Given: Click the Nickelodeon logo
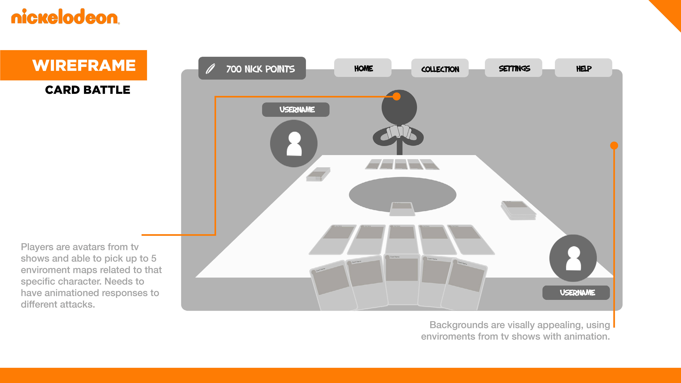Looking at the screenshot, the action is click(x=65, y=17).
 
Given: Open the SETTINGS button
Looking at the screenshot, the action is click(x=513, y=68).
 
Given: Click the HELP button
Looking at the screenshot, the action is click(x=583, y=68).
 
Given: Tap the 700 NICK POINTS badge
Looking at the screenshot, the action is click(x=252, y=68).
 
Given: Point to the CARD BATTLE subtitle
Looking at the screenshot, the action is click(x=87, y=90).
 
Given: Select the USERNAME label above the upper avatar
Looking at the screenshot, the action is click(x=296, y=109).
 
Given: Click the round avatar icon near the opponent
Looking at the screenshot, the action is click(x=294, y=143).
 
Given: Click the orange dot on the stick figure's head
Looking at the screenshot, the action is click(x=396, y=96).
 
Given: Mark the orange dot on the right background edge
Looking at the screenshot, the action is click(x=614, y=145).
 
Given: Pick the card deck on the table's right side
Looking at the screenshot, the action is click(x=518, y=210).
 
